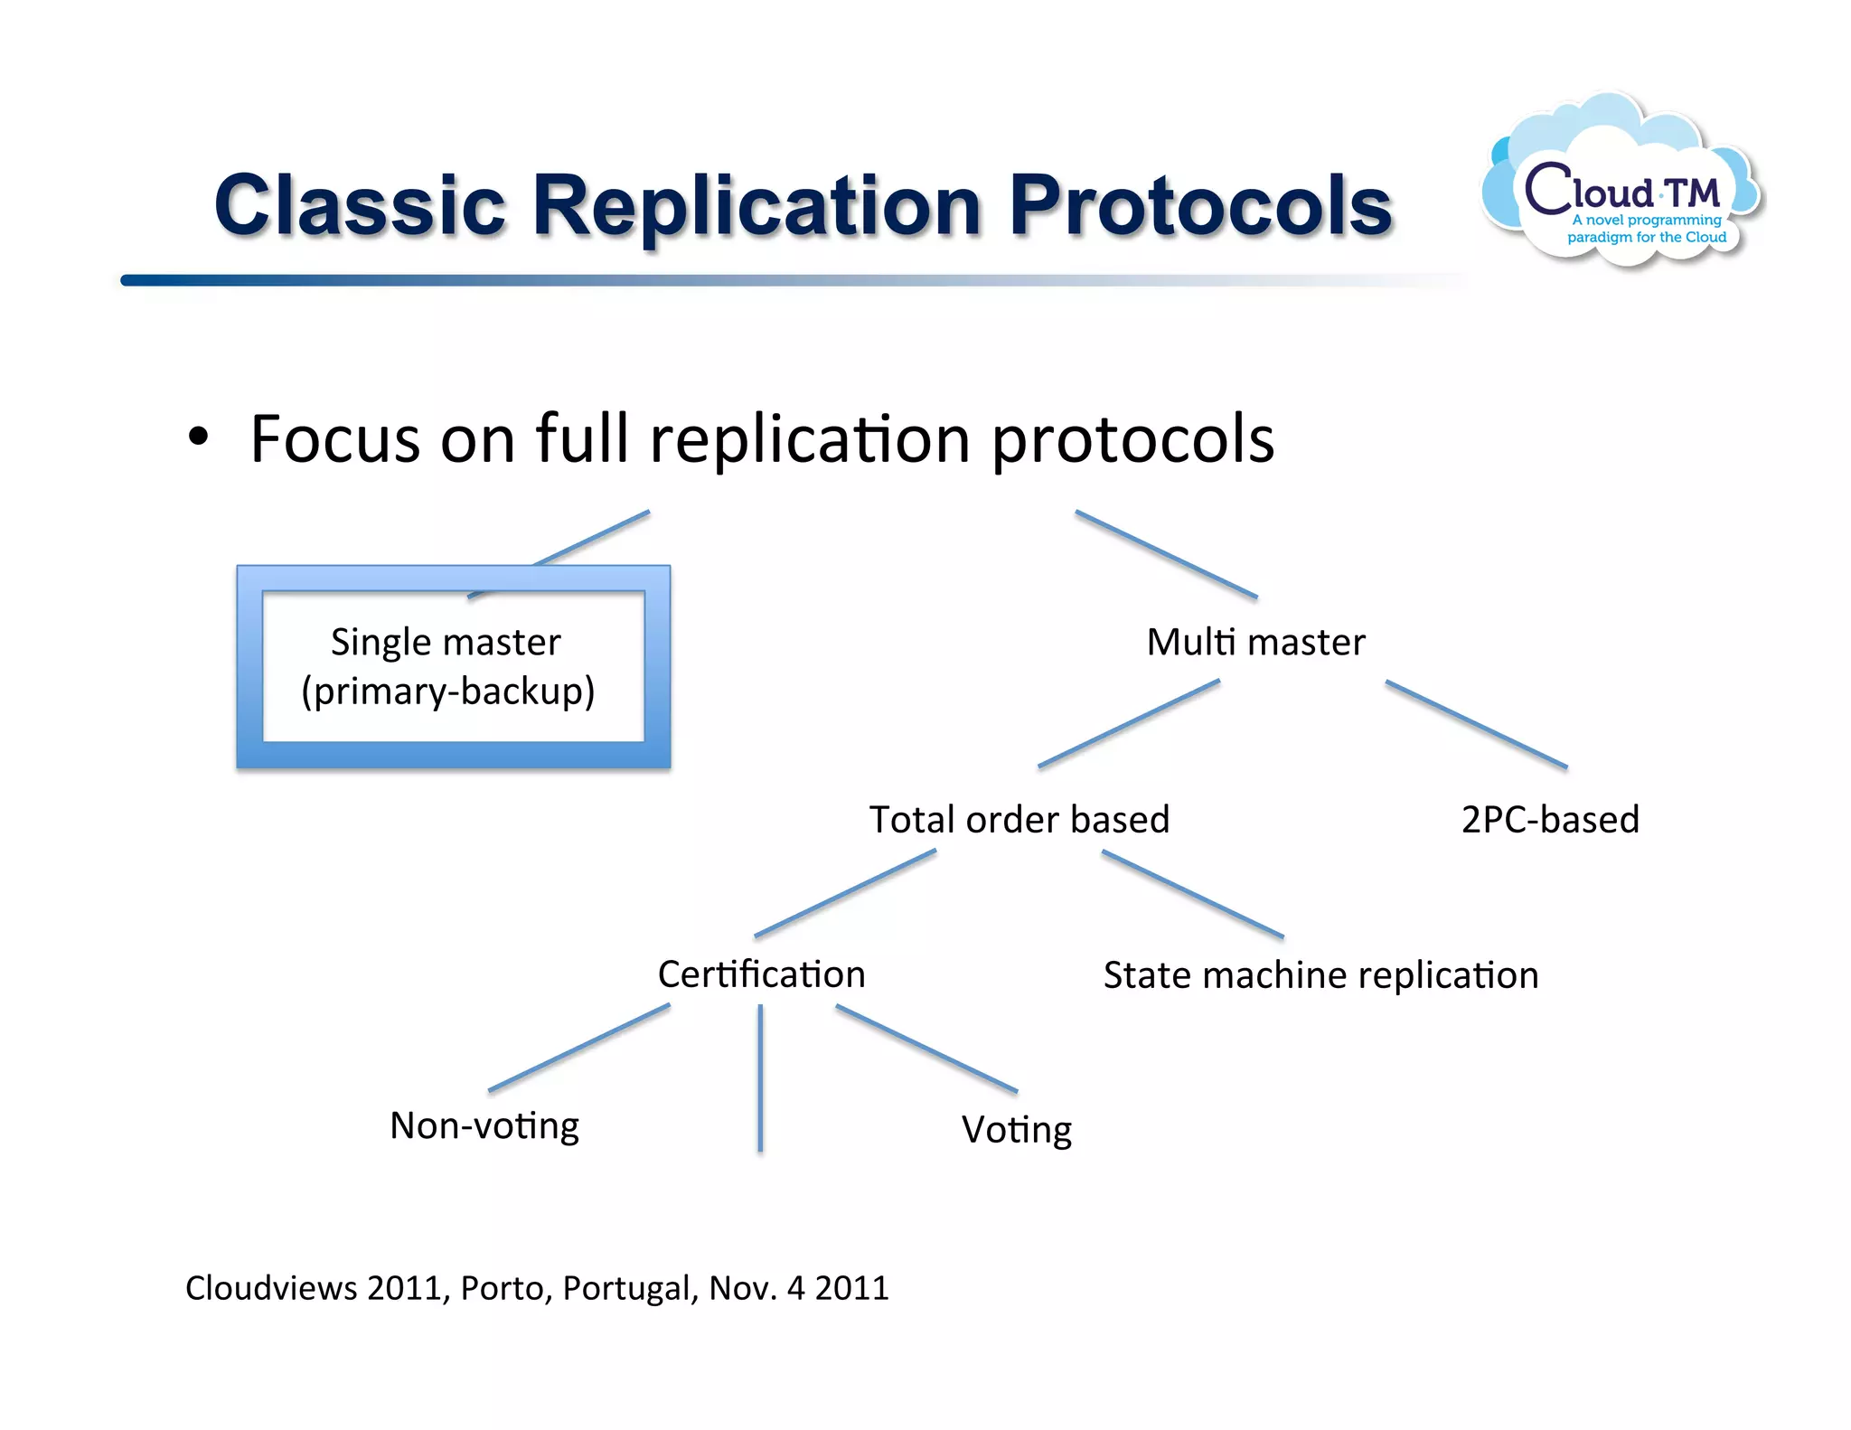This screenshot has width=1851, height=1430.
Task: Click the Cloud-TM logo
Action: coord(1622,185)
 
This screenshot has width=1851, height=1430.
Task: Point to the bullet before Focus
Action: coord(198,438)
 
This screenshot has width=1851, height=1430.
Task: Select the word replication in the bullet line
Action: coord(809,440)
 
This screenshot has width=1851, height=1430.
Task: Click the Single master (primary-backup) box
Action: coord(453,667)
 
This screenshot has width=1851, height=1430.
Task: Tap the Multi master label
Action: coord(1255,643)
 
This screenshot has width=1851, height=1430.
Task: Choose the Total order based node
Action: coord(1019,820)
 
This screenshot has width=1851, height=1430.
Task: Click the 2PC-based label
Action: coord(1549,820)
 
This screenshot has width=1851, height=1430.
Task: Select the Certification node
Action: coord(761,974)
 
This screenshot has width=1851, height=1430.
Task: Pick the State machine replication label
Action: coord(1320,975)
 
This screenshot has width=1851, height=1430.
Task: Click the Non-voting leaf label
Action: coord(484,1126)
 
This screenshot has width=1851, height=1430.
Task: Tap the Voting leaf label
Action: coord(1016,1130)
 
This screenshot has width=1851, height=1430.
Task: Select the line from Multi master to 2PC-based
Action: coord(1476,724)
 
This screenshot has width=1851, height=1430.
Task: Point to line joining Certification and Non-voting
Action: coord(578,1048)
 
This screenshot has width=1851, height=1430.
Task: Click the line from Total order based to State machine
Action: coord(1192,894)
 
